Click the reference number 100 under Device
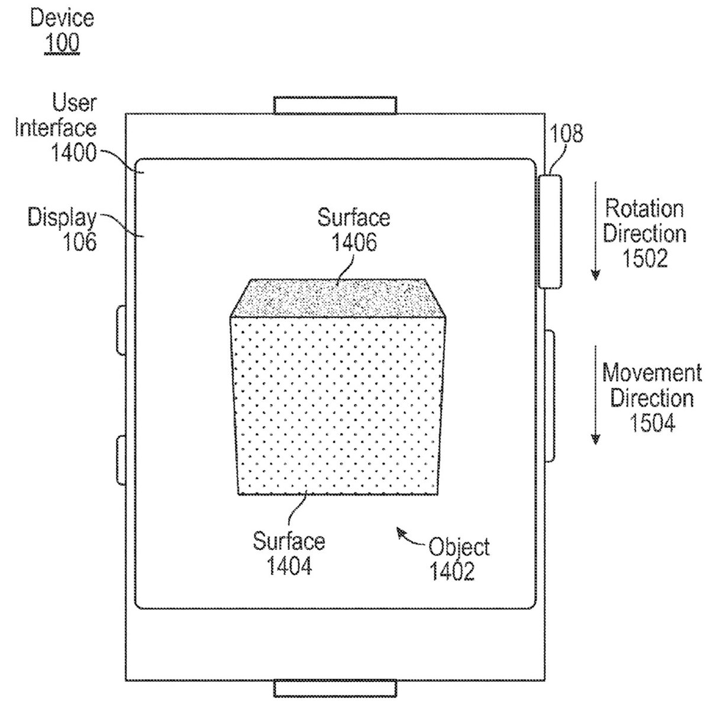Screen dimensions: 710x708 click(x=62, y=43)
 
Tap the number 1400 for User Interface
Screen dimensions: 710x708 click(x=73, y=153)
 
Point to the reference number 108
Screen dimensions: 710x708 click(x=566, y=134)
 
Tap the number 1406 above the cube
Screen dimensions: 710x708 click(x=354, y=241)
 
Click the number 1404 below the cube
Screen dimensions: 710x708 click(x=289, y=567)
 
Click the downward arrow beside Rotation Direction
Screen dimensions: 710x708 click(x=595, y=231)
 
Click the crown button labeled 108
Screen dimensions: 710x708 click(x=550, y=230)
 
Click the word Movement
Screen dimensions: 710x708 click(x=652, y=374)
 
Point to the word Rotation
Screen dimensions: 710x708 click(x=644, y=208)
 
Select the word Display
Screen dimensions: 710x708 click(x=62, y=218)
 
